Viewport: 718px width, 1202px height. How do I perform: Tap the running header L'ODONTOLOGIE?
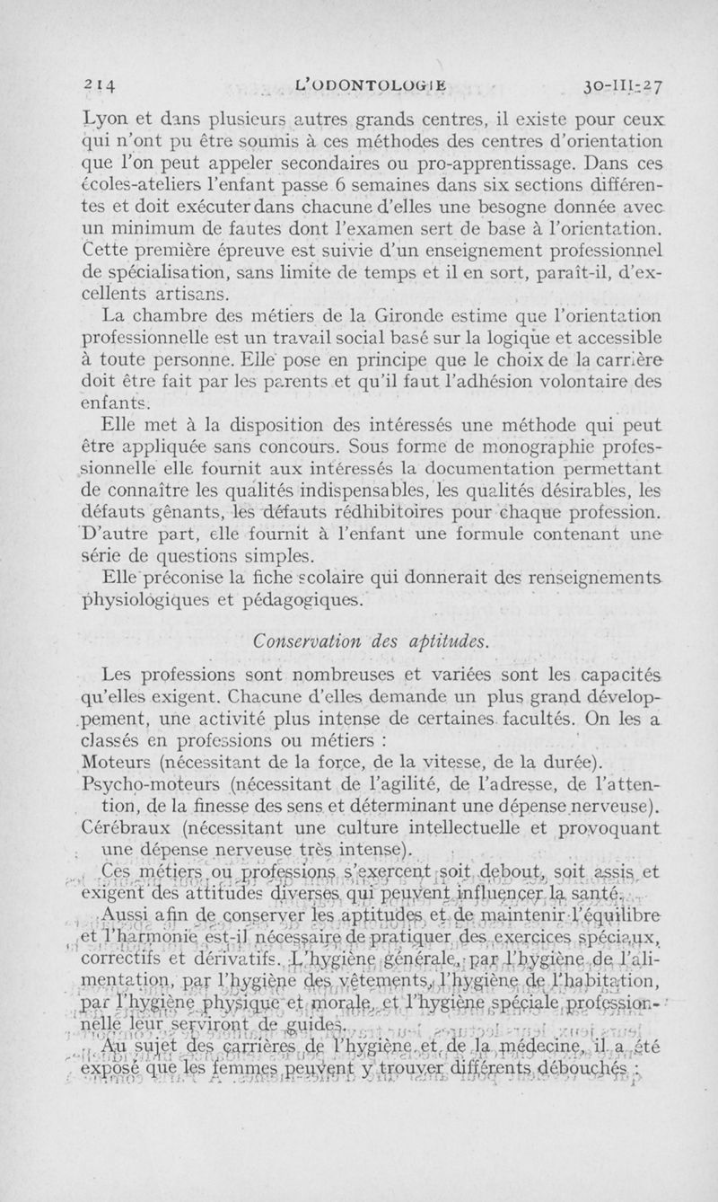tap(371, 86)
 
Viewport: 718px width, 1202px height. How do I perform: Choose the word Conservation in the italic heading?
tap(289, 641)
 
